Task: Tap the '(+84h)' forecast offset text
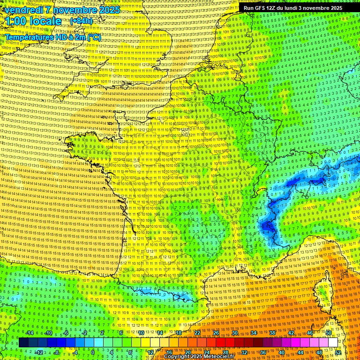81,21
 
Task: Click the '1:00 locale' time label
33,21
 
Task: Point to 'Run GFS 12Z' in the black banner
260,8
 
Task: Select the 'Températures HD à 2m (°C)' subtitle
52,37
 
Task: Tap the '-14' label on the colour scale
30,333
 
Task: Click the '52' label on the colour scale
337,352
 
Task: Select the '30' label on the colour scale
234,333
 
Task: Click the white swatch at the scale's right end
333,343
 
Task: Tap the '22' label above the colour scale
197,333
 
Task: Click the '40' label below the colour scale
281,352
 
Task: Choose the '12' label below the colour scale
150,352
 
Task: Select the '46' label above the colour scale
309,333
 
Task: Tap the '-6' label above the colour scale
66,333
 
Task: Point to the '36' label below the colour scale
262,352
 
